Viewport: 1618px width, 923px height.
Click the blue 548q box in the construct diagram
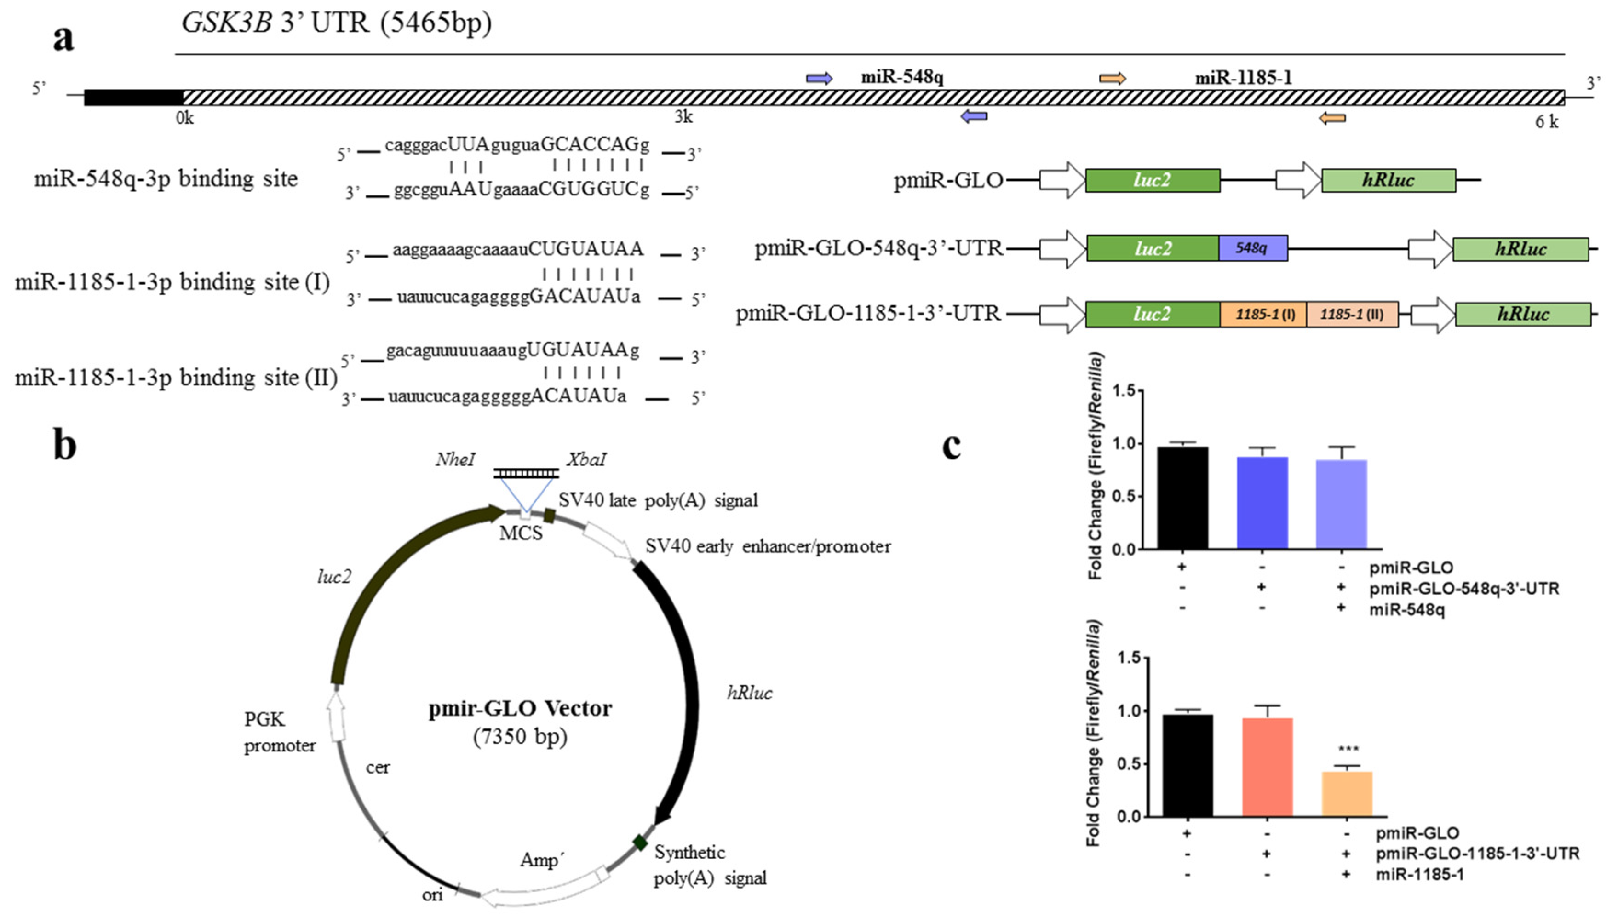(x=1252, y=248)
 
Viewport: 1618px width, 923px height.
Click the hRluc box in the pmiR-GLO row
(x=1388, y=181)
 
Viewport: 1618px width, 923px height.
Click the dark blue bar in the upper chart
(x=1262, y=502)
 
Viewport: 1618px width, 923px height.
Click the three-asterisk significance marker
(x=1348, y=749)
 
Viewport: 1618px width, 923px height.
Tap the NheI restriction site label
(x=454, y=459)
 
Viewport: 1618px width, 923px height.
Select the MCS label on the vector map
(x=521, y=533)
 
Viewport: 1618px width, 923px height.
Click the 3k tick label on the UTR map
(x=683, y=117)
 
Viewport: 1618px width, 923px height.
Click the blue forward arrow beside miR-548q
(x=819, y=78)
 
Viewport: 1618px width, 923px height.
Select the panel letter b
(x=65, y=445)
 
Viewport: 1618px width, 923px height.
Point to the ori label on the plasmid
(x=432, y=894)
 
